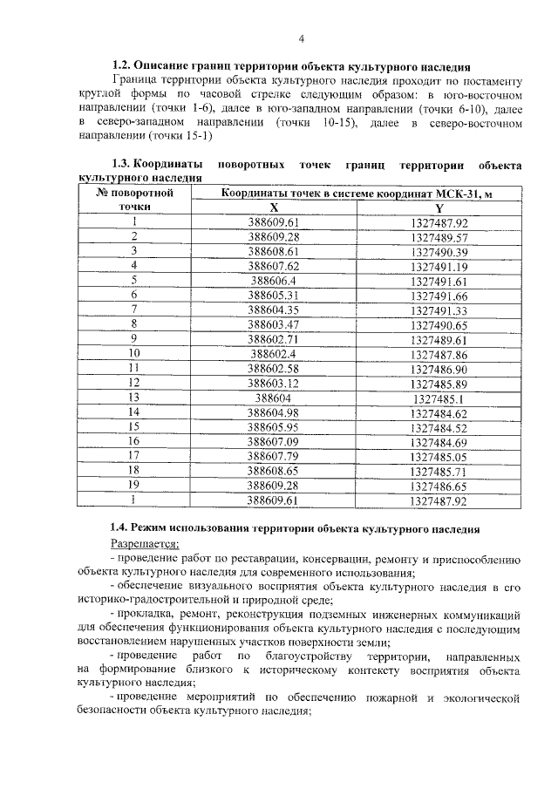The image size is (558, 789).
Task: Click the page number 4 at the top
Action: tap(301, 38)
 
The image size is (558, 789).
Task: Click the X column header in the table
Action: tap(274, 207)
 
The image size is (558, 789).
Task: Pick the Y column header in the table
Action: tap(439, 207)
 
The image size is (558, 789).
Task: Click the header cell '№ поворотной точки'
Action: tap(135, 200)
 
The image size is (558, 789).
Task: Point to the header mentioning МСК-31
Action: tap(357, 193)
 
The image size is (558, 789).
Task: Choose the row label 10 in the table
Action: tap(135, 353)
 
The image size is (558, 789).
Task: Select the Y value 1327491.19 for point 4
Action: tap(439, 266)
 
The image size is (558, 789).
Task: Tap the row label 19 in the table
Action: tap(135, 484)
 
